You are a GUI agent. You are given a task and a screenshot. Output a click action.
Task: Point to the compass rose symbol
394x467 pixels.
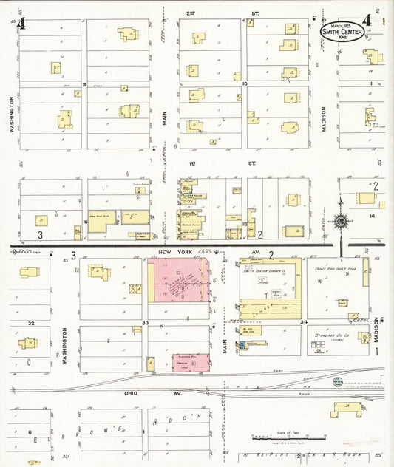341,220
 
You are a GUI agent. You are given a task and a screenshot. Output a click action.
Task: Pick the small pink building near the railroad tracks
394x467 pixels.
187,361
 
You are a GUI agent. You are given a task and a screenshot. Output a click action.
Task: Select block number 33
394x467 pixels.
146,324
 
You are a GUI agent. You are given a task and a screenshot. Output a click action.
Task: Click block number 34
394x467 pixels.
303,323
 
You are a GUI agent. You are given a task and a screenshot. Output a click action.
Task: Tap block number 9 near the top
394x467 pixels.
84,85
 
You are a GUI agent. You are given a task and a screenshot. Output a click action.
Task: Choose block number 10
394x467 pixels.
244,85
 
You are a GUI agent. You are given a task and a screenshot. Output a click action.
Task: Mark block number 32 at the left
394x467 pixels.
31,324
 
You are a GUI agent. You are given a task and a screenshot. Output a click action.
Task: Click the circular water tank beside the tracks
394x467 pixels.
338,382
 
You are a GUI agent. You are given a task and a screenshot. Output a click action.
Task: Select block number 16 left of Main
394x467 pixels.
86,221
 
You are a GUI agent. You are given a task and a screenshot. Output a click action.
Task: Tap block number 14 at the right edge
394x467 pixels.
373,216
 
